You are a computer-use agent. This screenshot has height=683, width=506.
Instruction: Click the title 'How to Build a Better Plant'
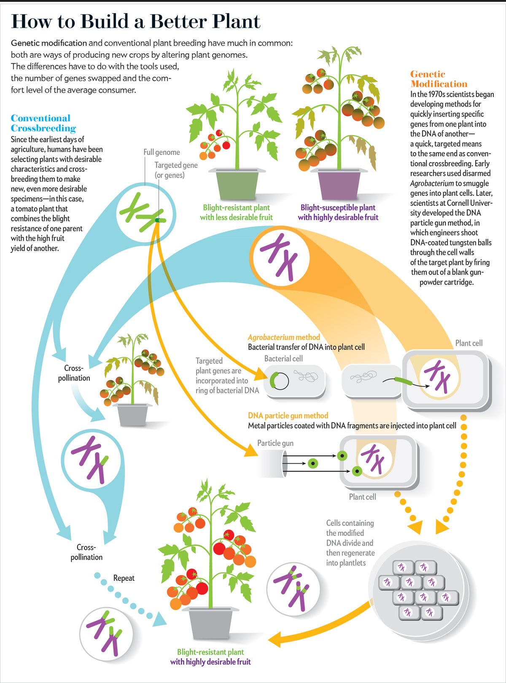pyautogui.click(x=135, y=21)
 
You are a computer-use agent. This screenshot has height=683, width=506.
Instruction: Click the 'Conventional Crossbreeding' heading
pyautogui.click(x=43, y=123)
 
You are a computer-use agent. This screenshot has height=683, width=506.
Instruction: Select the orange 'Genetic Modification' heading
pyautogui.click(x=439, y=79)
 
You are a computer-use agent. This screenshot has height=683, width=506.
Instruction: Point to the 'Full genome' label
pyautogui.click(x=161, y=152)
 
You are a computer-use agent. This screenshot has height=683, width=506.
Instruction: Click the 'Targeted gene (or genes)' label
pyautogui.click(x=175, y=170)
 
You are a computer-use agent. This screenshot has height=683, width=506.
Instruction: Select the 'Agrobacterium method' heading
pyautogui.click(x=283, y=337)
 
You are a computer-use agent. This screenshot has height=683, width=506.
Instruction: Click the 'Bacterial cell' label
pyautogui.click(x=283, y=358)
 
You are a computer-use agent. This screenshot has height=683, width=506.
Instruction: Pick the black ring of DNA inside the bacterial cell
pyautogui.click(x=279, y=381)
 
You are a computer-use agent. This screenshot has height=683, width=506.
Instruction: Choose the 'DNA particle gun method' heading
pyautogui.click(x=288, y=415)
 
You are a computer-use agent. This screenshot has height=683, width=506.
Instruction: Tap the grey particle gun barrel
pyautogui.click(x=272, y=463)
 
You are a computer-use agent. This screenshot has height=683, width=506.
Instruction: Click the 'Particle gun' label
pyautogui.click(x=275, y=443)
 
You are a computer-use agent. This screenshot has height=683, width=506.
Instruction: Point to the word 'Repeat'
pyautogui.click(x=124, y=578)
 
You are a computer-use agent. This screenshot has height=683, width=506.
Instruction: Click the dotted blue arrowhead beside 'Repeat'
pyautogui.click(x=159, y=618)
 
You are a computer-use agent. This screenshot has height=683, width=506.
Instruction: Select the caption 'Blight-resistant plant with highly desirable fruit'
pyautogui.click(x=210, y=657)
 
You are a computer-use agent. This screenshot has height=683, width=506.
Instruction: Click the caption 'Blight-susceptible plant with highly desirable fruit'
pyautogui.click(x=338, y=212)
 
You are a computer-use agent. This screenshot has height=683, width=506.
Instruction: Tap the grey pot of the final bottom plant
pyautogui.click(x=210, y=622)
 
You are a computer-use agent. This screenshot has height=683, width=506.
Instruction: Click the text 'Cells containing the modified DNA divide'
pyautogui.click(x=350, y=538)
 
